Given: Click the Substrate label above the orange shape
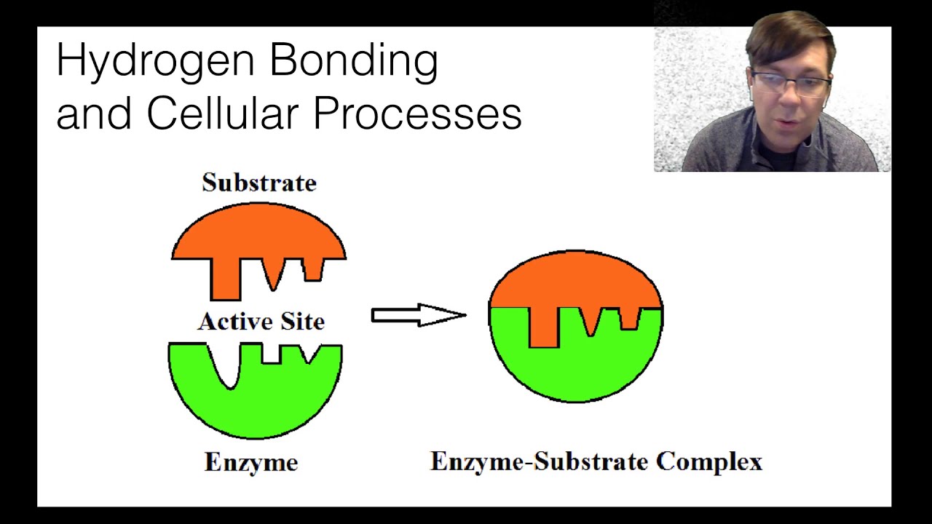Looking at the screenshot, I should pos(259,183).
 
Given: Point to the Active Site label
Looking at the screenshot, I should pos(261,321).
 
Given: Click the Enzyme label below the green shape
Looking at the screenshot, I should pos(251,462).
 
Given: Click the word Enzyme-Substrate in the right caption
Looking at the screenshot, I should pos(539,461).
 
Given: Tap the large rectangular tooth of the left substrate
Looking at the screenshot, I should pos(225,280).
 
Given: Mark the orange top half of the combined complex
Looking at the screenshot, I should pos(575,280).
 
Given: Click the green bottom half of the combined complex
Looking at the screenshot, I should pos(575,368).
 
